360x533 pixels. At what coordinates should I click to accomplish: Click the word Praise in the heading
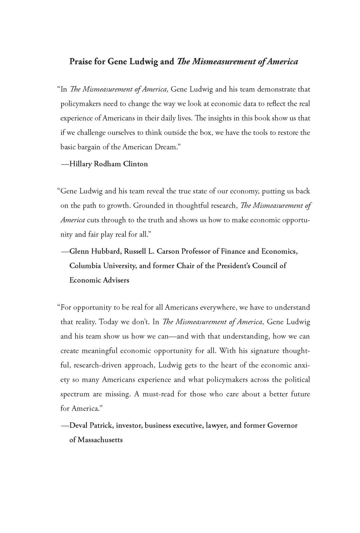click(x=80, y=62)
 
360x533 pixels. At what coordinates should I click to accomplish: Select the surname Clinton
click(x=135, y=164)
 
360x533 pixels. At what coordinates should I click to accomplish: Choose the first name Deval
click(x=80, y=425)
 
